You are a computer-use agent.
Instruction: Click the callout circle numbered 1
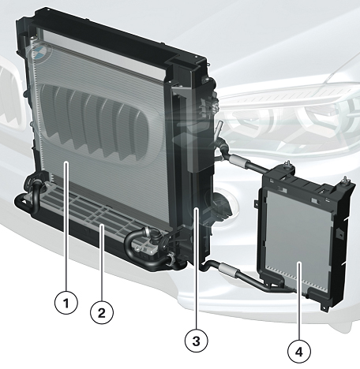coord(66,303)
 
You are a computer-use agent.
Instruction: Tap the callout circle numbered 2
coord(102,312)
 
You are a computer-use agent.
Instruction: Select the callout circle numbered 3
coord(197,341)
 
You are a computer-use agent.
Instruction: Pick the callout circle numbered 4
coord(299,352)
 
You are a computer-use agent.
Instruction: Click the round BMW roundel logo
coord(42,52)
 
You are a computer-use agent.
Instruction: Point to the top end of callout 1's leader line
coord(66,163)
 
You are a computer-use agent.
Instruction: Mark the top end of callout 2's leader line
coord(102,225)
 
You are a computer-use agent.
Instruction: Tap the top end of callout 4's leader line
coord(299,263)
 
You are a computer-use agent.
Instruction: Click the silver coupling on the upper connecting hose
coord(238,160)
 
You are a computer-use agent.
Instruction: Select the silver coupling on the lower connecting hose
coord(228,270)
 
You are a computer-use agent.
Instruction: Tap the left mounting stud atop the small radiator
coord(288,166)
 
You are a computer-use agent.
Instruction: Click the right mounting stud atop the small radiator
coord(345,181)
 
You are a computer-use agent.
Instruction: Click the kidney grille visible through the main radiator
coord(96,122)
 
